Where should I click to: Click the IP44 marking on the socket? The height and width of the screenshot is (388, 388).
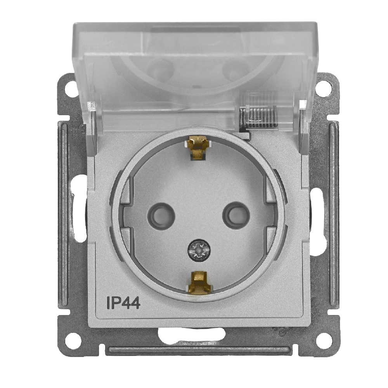[123, 303]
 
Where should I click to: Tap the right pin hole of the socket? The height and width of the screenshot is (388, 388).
[236, 215]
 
